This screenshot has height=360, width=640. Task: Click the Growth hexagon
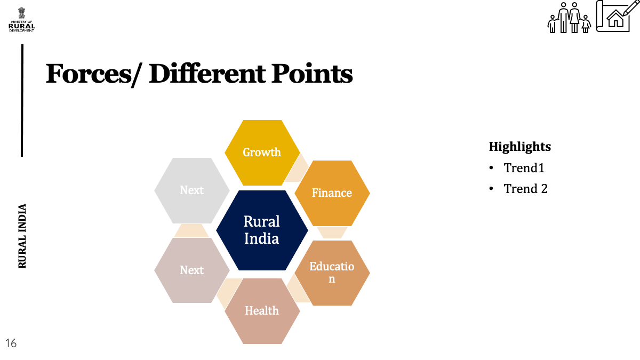pyautogui.click(x=262, y=153)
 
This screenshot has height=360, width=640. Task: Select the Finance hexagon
pyautogui.click(x=332, y=193)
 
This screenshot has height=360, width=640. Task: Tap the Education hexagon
pyautogui.click(x=332, y=273)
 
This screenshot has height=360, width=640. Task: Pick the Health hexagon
pyautogui.click(x=262, y=311)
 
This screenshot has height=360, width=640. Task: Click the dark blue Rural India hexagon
pyautogui.click(x=262, y=230)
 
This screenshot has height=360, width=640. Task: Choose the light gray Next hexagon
pyautogui.click(x=191, y=190)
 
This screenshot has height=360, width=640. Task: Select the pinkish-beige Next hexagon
pyautogui.click(x=191, y=270)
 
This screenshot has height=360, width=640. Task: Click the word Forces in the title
pyautogui.click(x=89, y=74)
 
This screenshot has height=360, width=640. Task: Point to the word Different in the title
pyautogui.click(x=207, y=74)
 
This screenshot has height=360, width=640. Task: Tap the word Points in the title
pyautogui.click(x=311, y=74)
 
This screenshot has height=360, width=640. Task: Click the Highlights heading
pyautogui.click(x=519, y=147)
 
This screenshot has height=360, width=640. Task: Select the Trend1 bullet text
pyautogui.click(x=524, y=167)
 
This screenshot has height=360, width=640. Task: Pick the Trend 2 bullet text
pyautogui.click(x=525, y=189)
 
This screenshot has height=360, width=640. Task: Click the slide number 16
pyautogui.click(x=11, y=343)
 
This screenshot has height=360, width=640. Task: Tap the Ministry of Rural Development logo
pyautogui.click(x=22, y=20)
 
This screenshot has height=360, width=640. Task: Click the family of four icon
pyautogui.click(x=569, y=18)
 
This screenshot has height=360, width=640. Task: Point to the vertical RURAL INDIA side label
pyautogui.click(x=22, y=236)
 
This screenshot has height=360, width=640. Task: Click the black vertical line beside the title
pyautogui.click(x=22, y=101)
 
